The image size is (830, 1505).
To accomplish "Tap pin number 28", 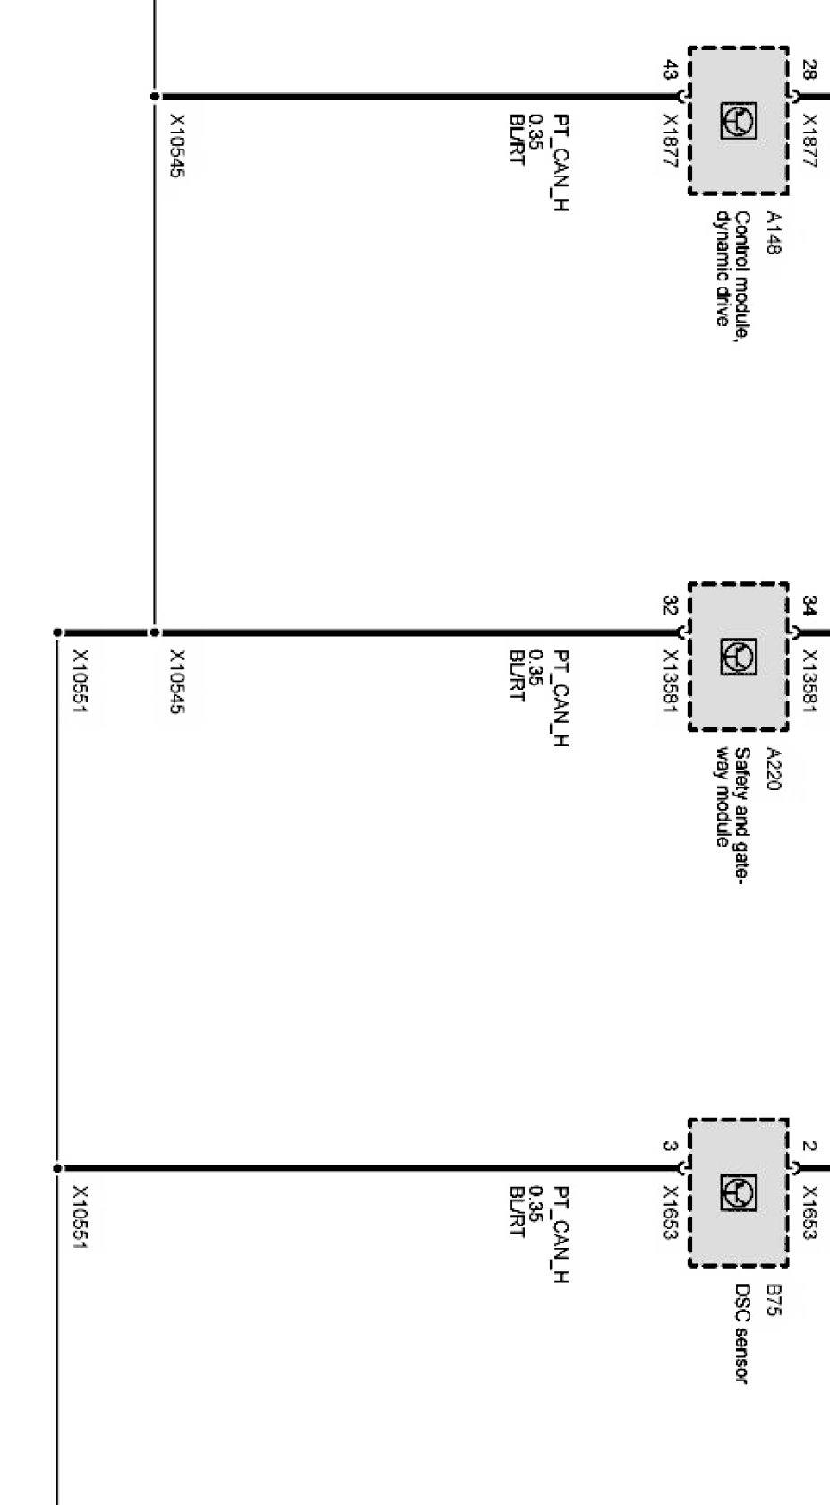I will [809, 70].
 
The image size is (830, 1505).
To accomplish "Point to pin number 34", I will [809, 606].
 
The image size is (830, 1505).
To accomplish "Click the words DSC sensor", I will [741, 1334].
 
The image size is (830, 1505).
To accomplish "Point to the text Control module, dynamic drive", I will [732, 269].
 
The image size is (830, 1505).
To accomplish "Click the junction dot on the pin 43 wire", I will [155, 96].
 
